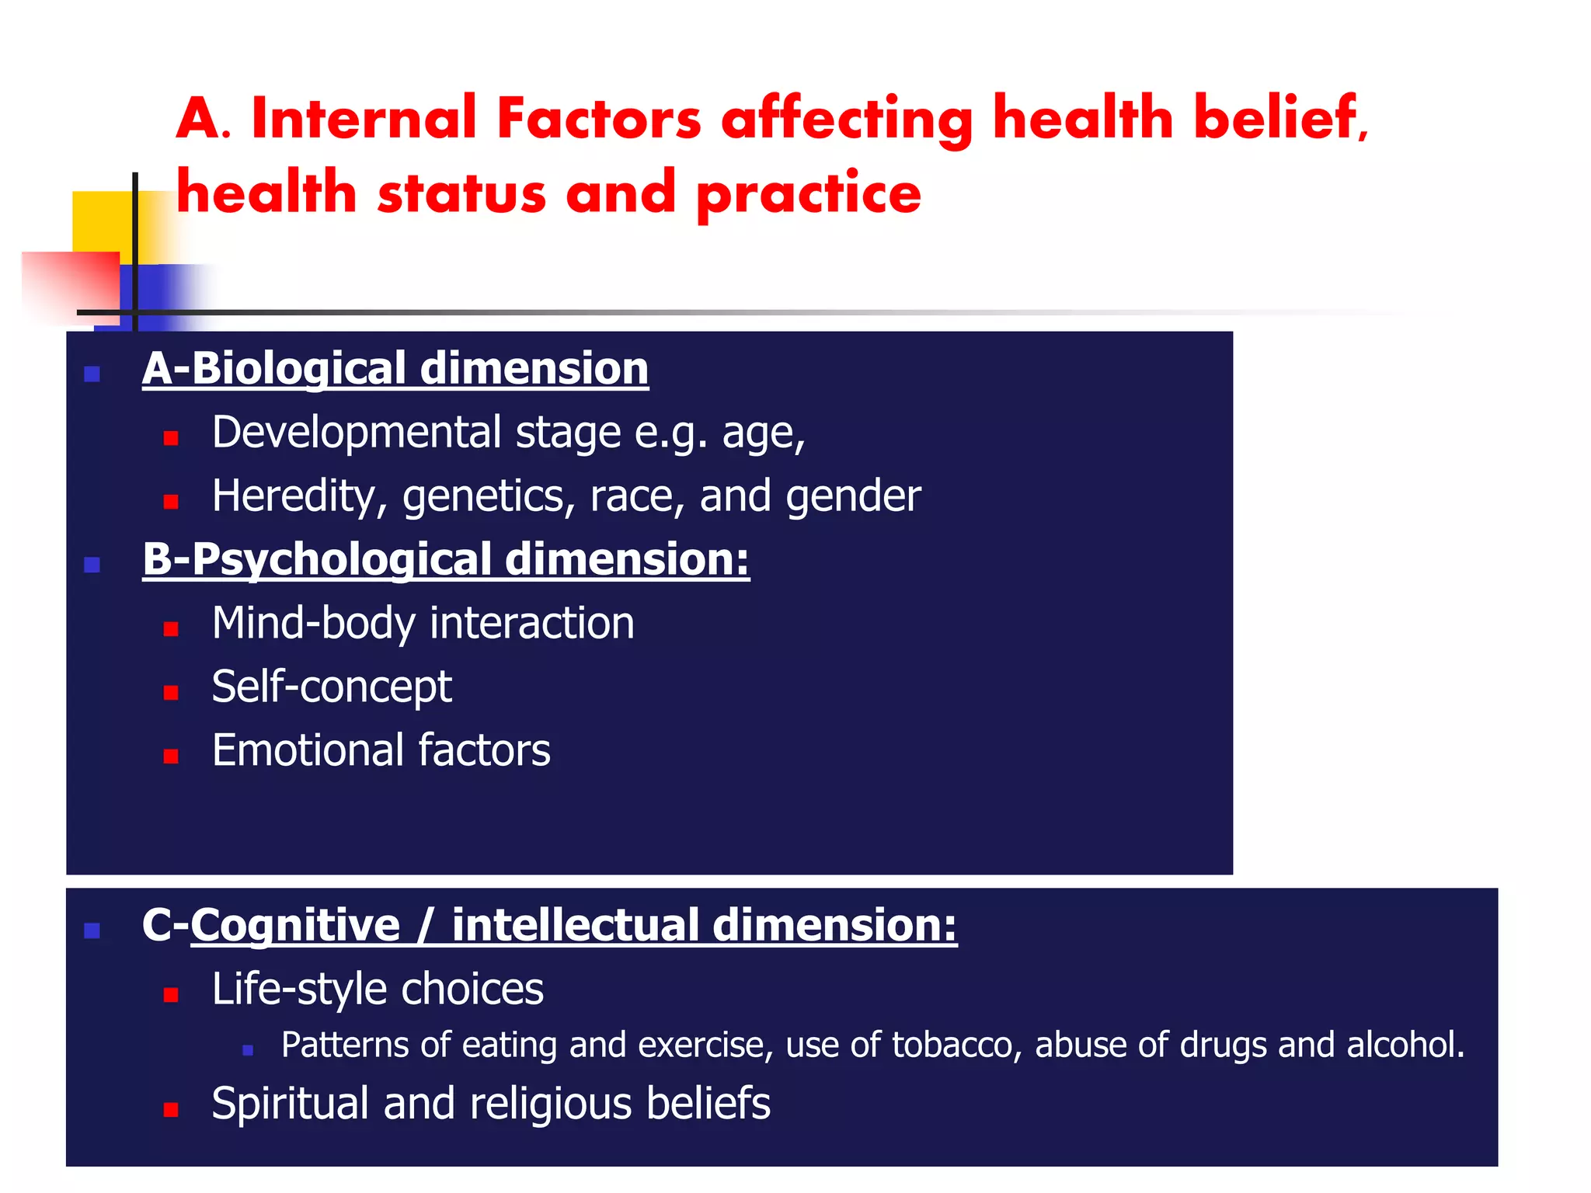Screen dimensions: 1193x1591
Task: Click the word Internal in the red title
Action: pos(364,119)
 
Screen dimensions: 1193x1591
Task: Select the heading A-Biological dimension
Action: pos(395,368)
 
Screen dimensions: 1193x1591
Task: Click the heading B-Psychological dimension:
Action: pos(445,559)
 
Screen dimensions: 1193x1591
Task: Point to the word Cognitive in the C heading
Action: pos(295,925)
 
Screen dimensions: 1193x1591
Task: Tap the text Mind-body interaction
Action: pos(423,624)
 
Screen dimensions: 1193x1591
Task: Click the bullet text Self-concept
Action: pos(331,687)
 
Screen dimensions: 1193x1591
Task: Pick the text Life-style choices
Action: pos(378,990)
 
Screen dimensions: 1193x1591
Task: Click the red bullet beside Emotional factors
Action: pos(171,756)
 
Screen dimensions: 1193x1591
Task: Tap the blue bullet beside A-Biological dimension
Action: pos(92,374)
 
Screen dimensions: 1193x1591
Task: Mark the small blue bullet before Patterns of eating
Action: pos(248,1050)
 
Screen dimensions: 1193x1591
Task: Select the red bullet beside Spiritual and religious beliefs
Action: pos(171,1109)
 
